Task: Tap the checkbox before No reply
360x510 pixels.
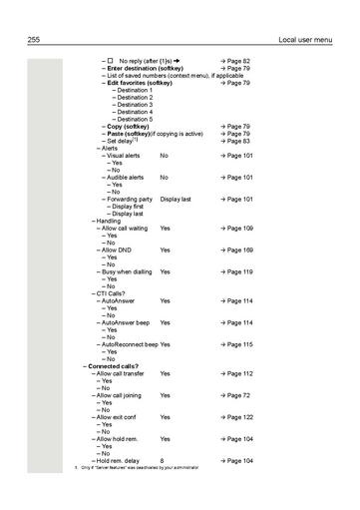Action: (111, 61)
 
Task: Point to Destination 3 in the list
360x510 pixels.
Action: (135, 105)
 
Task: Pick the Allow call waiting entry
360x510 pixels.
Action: (126, 229)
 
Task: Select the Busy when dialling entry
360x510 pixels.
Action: (127, 271)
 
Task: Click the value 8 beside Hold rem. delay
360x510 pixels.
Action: (162, 460)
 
